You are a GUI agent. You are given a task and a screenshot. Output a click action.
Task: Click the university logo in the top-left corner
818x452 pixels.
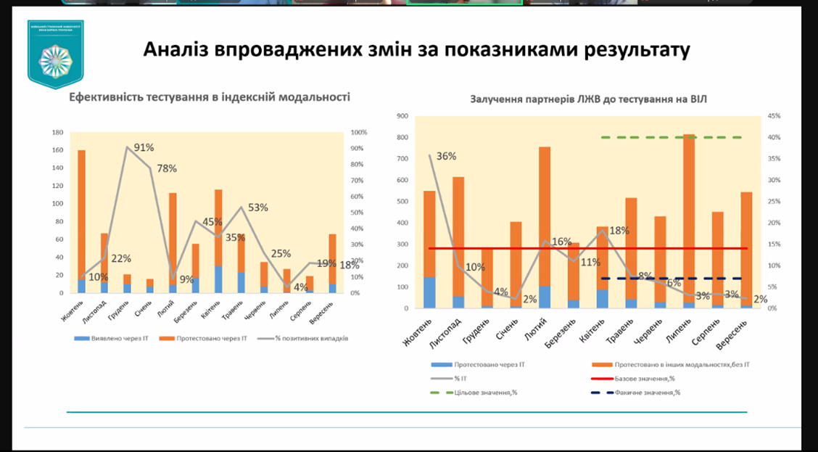point(56,54)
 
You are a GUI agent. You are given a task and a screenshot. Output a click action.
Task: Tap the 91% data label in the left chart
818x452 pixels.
point(144,147)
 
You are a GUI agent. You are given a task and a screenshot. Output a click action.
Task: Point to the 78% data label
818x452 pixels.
point(166,168)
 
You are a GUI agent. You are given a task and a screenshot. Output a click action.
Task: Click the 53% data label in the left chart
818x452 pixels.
point(257,207)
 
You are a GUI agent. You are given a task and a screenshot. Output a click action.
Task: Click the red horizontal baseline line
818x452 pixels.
point(508,248)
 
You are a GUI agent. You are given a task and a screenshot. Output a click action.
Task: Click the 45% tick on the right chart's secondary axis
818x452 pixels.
point(774,116)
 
